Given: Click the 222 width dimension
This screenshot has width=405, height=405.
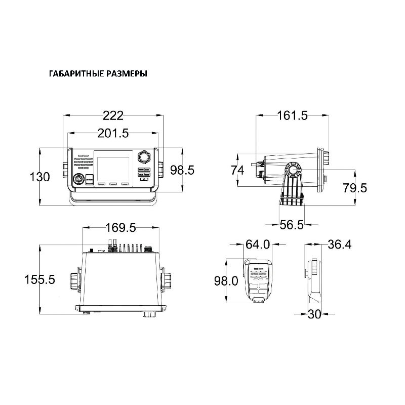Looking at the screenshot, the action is (x=113, y=116).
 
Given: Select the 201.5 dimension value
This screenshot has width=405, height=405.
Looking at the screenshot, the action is (x=113, y=133).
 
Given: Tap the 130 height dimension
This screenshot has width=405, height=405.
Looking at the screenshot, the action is (x=40, y=177).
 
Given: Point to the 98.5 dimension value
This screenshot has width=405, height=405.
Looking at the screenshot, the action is (x=182, y=170).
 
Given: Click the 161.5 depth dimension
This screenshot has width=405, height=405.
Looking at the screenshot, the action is (x=293, y=115).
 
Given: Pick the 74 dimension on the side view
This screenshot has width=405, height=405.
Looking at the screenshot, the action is (x=237, y=171).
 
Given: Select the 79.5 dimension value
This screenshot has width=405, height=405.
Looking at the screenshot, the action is (x=355, y=188).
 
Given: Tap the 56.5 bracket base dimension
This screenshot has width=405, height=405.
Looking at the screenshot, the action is (x=292, y=225).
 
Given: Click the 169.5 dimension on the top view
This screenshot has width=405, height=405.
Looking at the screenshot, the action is (x=120, y=228).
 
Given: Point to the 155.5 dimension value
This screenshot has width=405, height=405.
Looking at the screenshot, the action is (x=39, y=279).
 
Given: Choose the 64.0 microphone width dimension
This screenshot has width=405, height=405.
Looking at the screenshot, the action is (x=258, y=245).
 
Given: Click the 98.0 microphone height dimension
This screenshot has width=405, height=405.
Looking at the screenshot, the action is (x=226, y=281).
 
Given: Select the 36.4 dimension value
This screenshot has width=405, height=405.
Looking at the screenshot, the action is (x=340, y=245).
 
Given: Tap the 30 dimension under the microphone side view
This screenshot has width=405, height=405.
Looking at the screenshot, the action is (x=314, y=314).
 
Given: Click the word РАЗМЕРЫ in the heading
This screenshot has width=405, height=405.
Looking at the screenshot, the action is (x=127, y=74).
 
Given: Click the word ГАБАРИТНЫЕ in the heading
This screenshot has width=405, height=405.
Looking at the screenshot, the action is (x=77, y=74).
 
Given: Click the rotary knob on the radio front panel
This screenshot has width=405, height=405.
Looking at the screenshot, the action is (x=144, y=156).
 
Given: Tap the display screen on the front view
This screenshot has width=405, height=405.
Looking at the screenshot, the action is (x=113, y=169).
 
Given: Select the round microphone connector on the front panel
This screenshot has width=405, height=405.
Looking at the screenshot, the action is (x=78, y=180).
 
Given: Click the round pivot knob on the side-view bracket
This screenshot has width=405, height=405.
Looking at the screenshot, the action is (x=293, y=170).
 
